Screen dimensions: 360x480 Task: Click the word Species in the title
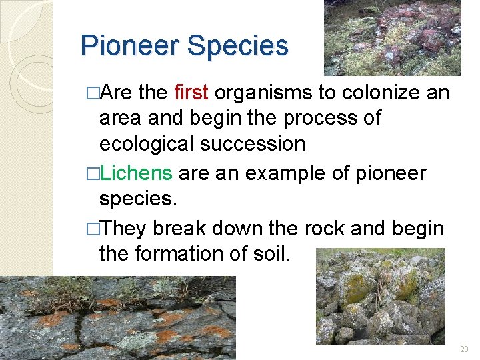pos(238,46)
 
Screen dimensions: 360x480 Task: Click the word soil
pos(272,253)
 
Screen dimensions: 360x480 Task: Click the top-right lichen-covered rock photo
pos(392,37)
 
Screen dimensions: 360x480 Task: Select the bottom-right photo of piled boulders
pos(380,296)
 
